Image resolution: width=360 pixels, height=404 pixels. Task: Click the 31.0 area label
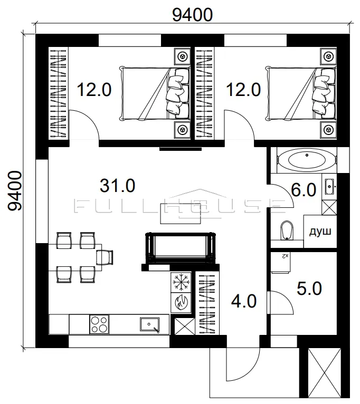click(117, 186)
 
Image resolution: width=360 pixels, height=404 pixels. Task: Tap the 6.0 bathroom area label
click(304, 190)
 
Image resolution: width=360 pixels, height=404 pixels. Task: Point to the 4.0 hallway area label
click(244, 301)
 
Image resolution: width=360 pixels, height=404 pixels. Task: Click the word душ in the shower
click(320, 232)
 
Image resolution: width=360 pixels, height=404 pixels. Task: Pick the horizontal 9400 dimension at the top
click(192, 15)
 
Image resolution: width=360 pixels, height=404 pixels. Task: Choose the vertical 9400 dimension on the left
click(15, 191)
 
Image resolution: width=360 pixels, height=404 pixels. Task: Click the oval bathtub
click(307, 160)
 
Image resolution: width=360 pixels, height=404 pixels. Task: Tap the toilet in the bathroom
click(286, 230)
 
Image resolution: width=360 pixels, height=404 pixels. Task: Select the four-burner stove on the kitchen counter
click(99, 324)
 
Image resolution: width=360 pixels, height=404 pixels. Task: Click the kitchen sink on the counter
click(150, 325)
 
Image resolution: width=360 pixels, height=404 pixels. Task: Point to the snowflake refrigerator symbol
click(181, 282)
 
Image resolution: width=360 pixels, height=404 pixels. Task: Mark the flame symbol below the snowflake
click(181, 302)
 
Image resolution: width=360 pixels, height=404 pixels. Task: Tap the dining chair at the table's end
click(105, 257)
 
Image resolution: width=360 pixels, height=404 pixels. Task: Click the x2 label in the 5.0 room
click(285, 256)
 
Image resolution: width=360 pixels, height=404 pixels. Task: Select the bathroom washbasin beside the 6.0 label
click(330, 186)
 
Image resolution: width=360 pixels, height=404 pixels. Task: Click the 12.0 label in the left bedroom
click(94, 90)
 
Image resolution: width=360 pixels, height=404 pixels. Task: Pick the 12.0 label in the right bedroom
click(243, 90)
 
